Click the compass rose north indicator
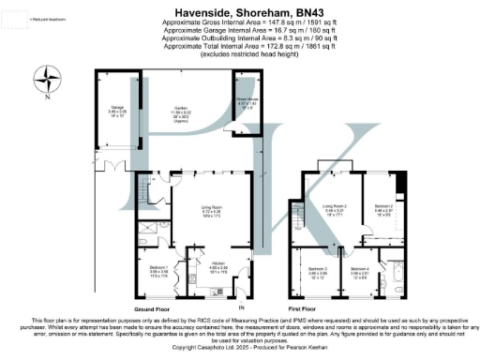45,78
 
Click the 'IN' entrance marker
241,306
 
